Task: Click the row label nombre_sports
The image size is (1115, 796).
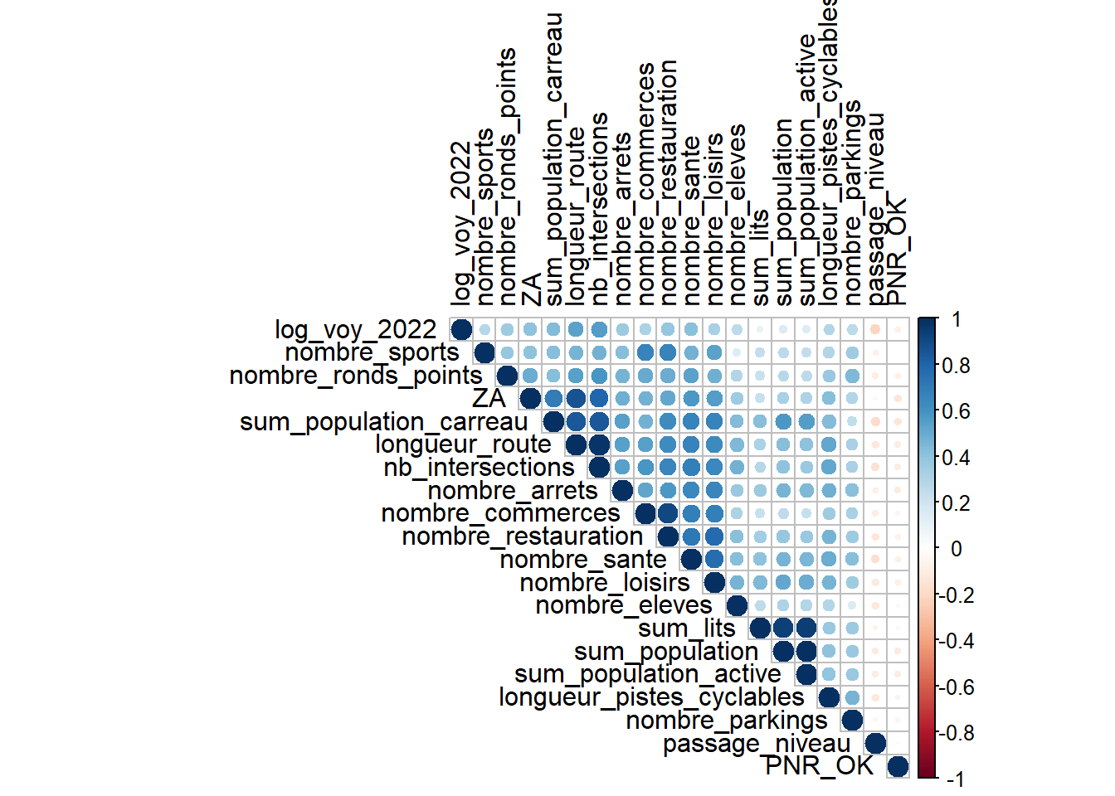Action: [x=372, y=353]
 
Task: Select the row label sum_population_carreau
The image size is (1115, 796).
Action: [x=383, y=422]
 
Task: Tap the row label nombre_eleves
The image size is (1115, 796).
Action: [x=624, y=606]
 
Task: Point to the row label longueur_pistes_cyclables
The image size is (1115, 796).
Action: [x=651, y=697]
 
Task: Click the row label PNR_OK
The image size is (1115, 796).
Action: [x=819, y=766]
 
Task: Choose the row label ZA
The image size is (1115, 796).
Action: [x=489, y=399]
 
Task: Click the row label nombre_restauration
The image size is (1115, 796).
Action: [x=522, y=537]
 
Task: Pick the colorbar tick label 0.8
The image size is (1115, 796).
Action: [x=956, y=366]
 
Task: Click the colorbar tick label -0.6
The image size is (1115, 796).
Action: [x=953, y=687]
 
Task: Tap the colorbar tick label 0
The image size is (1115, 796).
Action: [x=957, y=549]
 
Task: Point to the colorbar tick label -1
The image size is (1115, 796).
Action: [x=955, y=779]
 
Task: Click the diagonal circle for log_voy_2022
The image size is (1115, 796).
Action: [x=461, y=330]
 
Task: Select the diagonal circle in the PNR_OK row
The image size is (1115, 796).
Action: [x=898, y=766]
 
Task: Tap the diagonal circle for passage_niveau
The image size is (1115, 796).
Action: [x=874, y=743]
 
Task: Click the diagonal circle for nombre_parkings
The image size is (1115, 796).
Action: [x=852, y=721]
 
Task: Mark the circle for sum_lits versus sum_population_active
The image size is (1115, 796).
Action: [x=806, y=629]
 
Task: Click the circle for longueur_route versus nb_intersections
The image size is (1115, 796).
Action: [x=599, y=445]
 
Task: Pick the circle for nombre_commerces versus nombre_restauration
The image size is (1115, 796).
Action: [x=668, y=514]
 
